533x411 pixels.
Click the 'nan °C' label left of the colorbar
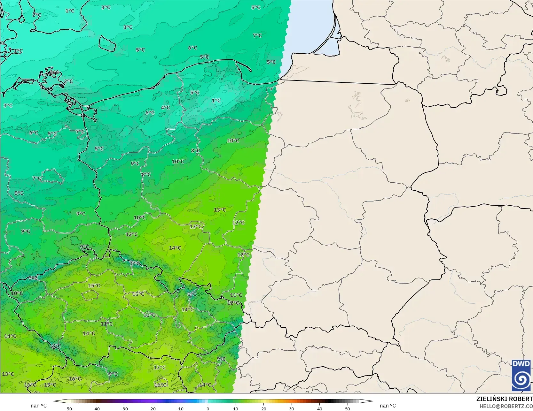point(39,406)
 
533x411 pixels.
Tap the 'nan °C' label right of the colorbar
point(388,406)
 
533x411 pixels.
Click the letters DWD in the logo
point(521,364)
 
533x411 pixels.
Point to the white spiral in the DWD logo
point(521,380)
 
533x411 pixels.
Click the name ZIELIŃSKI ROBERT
point(504,399)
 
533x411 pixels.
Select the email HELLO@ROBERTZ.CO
point(506,406)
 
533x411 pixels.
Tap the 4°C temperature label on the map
point(165,108)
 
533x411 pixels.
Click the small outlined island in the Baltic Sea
point(107,43)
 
